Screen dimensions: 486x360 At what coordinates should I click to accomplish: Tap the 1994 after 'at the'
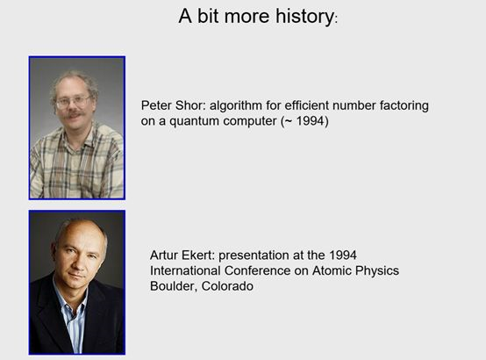coord(343,256)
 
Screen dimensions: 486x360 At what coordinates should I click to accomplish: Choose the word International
coord(185,270)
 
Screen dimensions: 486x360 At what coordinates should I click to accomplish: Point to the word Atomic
coord(332,270)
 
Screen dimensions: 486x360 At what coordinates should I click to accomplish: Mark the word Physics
coord(377,271)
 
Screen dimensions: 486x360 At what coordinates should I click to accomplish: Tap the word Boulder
coord(174,286)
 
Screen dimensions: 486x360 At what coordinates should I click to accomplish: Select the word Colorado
coord(227,286)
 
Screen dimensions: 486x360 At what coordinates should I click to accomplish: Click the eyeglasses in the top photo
coord(73,101)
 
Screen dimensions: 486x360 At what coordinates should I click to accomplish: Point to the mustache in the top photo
coord(75,114)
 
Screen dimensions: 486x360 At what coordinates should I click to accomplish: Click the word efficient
coord(306,105)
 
